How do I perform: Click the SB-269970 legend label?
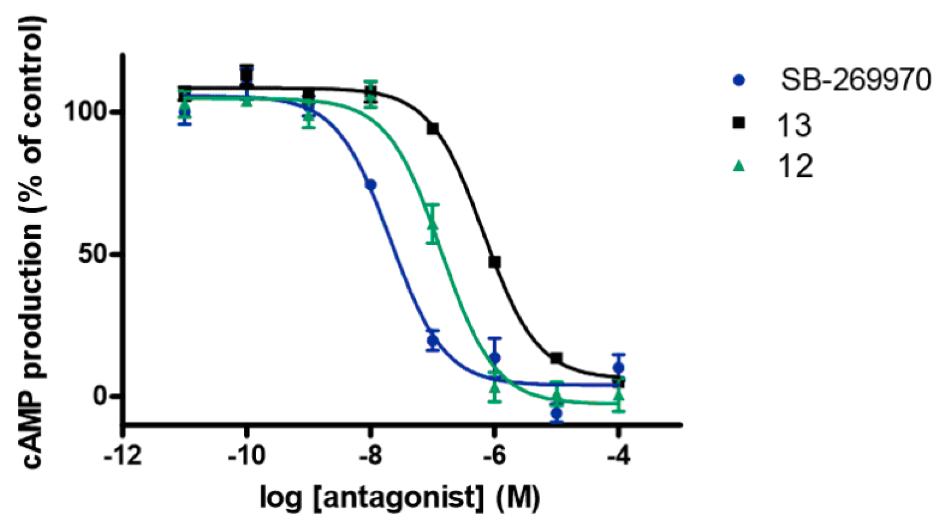[x=856, y=80]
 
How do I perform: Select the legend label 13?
[x=794, y=125]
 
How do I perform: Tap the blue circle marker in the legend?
[x=739, y=80]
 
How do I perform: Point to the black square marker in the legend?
[x=739, y=123]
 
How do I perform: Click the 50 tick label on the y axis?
[x=94, y=255]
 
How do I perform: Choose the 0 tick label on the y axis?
[x=101, y=396]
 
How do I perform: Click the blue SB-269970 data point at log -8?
[x=371, y=185]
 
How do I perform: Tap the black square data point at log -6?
[x=495, y=262]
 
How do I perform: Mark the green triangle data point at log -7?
[x=433, y=224]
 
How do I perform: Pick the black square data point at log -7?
[x=433, y=129]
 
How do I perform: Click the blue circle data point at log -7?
[x=433, y=340]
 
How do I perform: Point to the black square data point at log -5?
[x=556, y=358]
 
